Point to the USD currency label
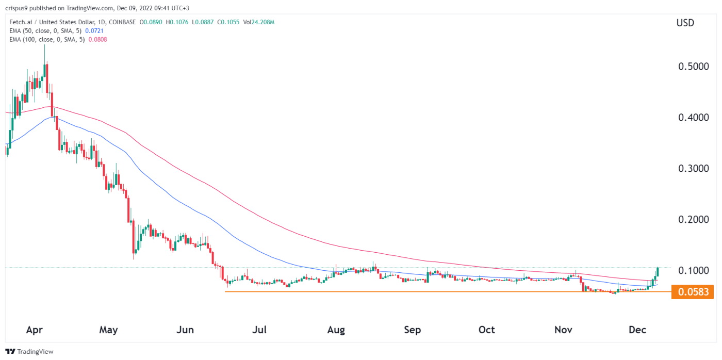coord(685,23)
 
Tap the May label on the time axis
coord(108,330)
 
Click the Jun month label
coord(185,330)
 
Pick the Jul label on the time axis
coord(259,330)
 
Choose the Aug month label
coord(336,330)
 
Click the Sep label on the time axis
coord(413,330)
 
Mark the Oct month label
coord(486,330)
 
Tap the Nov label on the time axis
coord(563,330)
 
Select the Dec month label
coord(637,330)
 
